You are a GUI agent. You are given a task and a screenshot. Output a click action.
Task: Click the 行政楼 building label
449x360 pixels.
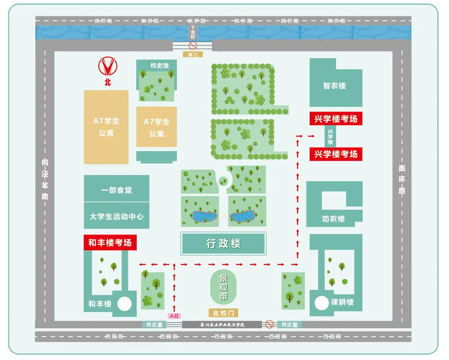tap(223, 243)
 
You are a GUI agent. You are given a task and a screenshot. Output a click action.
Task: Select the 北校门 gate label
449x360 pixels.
tap(224, 313)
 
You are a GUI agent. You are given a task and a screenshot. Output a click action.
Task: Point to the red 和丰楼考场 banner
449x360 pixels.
tap(110, 243)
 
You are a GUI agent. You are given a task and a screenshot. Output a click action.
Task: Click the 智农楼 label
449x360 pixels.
tap(334, 85)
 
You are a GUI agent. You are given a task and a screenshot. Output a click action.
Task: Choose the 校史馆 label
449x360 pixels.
tap(159, 66)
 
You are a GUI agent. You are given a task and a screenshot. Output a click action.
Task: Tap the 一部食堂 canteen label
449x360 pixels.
tap(116, 190)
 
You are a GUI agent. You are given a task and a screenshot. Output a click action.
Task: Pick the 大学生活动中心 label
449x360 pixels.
tap(116, 217)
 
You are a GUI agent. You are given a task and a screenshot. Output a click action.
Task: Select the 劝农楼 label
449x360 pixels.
tap(333, 219)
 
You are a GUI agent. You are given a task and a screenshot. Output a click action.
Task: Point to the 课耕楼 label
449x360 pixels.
tap(342, 302)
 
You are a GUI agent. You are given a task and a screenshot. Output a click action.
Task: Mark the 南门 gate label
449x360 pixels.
tap(193, 54)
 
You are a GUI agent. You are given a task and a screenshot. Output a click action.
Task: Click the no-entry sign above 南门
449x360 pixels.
tap(193, 45)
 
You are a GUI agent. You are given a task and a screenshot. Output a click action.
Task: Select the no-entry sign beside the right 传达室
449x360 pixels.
tap(269, 324)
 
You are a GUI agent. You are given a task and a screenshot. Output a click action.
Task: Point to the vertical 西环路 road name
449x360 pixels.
tap(401, 180)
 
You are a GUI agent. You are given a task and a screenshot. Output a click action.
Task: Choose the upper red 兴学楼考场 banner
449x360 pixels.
tap(336, 119)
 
